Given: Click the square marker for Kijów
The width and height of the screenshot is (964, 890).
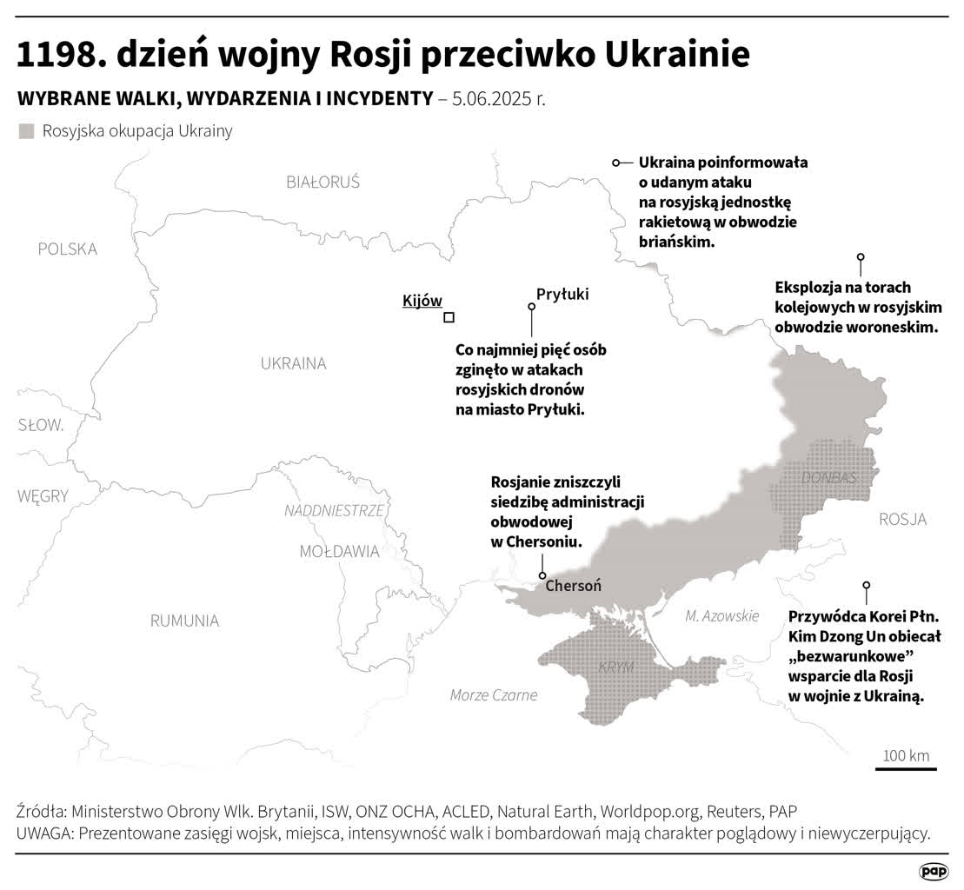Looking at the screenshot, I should coord(449,317).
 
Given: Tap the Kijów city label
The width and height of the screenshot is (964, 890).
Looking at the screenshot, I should coord(422,301).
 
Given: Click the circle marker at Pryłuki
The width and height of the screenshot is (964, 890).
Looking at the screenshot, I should coord(531,306).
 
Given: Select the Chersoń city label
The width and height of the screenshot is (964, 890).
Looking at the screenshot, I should coord(573,586).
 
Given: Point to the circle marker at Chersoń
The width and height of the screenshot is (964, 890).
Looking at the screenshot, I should coord(542,575).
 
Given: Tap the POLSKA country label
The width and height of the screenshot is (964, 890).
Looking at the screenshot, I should coord(68,249).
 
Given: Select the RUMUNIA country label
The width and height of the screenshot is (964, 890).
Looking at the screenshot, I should coord(184,621).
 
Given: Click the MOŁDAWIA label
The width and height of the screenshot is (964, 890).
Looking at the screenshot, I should coord(339,551).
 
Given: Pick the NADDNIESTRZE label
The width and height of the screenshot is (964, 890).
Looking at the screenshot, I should coord(334,510).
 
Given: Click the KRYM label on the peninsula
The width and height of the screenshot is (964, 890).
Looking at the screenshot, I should coord(615,667).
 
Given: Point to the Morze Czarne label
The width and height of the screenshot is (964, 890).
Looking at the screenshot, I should coord(494,694).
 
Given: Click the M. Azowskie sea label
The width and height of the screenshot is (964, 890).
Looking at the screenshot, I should coord(721,615).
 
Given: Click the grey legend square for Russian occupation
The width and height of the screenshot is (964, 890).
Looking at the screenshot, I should coord(27,131).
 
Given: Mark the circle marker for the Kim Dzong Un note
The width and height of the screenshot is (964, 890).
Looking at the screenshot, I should coord(866,585).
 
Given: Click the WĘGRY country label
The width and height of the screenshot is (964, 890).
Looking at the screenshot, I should coord(43,495).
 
